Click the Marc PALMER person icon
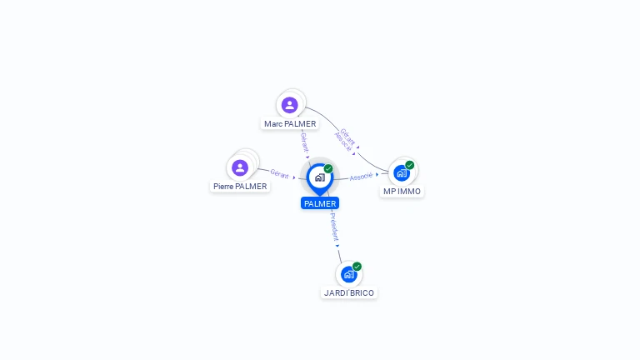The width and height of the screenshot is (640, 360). pyautogui.click(x=289, y=105)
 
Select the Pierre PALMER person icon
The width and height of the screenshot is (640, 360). pyautogui.click(x=240, y=167)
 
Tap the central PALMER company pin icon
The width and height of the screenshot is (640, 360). pyautogui.click(x=320, y=179)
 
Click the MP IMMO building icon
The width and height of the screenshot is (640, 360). pyautogui.click(x=402, y=173)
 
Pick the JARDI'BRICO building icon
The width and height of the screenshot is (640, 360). pyautogui.click(x=348, y=274)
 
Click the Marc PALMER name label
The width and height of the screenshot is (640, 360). pyautogui.click(x=290, y=123)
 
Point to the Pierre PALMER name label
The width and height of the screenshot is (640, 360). pyautogui.click(x=240, y=186)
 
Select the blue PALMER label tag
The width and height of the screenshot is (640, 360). pyautogui.click(x=320, y=203)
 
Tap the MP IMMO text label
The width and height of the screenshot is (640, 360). pyautogui.click(x=402, y=192)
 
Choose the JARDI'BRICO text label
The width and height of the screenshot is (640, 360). pyautogui.click(x=349, y=293)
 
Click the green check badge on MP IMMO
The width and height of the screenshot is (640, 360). pyautogui.click(x=410, y=165)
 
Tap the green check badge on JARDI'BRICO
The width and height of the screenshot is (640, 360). pyautogui.click(x=357, y=267)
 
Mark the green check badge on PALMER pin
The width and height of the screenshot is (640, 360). pyautogui.click(x=328, y=168)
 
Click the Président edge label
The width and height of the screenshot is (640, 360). pyautogui.click(x=334, y=227)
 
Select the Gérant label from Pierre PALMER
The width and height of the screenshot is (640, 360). pyautogui.click(x=280, y=174)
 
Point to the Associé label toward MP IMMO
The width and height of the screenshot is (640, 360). pyautogui.click(x=361, y=177)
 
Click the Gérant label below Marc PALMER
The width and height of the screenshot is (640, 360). pyautogui.click(x=304, y=142)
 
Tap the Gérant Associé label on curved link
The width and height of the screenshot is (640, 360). pyautogui.click(x=345, y=139)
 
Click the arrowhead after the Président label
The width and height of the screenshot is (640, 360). pyautogui.click(x=337, y=246)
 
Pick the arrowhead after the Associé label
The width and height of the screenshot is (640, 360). pyautogui.click(x=377, y=174)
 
